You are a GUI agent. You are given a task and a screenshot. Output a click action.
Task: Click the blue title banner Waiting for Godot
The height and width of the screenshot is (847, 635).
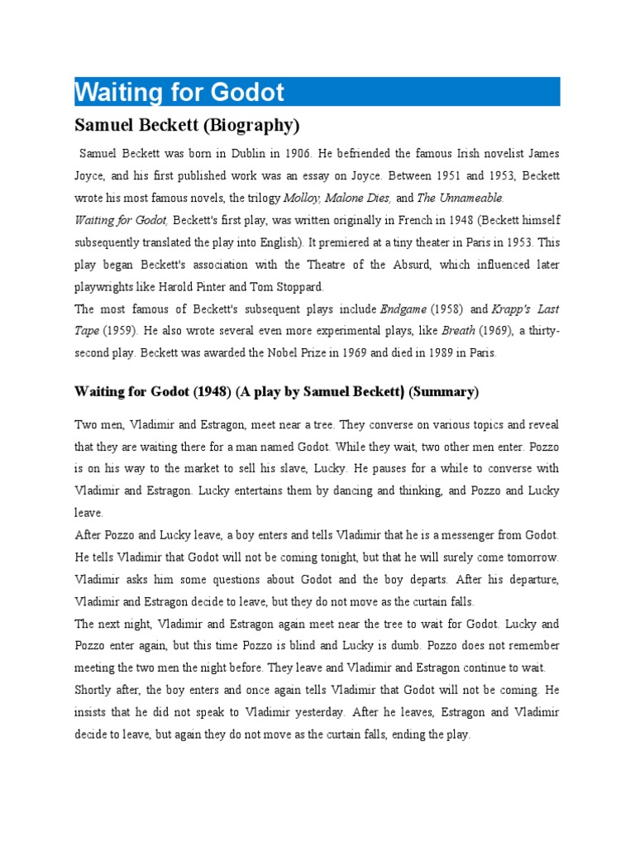317,91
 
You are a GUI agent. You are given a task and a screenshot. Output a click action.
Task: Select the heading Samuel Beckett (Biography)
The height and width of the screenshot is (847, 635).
187,127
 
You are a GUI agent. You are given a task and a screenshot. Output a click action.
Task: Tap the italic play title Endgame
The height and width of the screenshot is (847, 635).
403,310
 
